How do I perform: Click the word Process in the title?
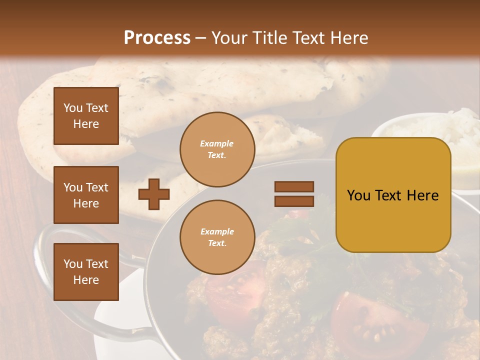(157, 37)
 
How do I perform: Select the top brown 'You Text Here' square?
(86, 116)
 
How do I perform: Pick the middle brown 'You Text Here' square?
(86, 195)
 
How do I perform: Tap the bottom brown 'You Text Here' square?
(86, 271)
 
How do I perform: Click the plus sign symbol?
(154, 194)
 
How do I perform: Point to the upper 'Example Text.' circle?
(217, 149)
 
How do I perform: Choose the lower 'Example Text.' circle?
(217, 237)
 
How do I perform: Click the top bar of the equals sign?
(294, 186)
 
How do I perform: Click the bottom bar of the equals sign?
(294, 201)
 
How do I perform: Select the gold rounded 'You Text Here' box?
(393, 195)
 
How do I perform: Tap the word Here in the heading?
(348, 37)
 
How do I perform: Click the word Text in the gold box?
(392, 195)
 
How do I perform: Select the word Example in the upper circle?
(217, 143)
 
